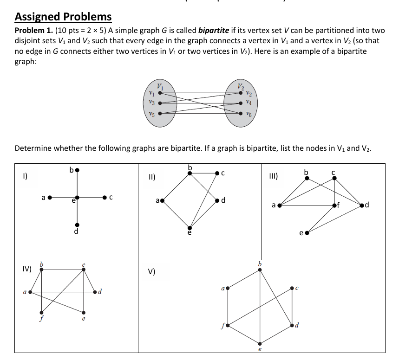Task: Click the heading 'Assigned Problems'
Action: [63, 17]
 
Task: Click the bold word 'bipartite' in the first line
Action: [213, 31]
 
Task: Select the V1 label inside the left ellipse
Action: [160, 85]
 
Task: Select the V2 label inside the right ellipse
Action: [241, 85]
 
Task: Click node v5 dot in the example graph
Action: [160, 113]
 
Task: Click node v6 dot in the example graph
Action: [241, 113]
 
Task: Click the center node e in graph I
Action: [78, 197]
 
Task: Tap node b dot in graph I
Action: [78, 170]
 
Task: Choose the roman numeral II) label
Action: [151, 177]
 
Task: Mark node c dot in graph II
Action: [216, 174]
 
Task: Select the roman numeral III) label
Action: [273, 175]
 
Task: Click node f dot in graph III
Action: [335, 204]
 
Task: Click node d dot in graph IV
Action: [95, 292]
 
